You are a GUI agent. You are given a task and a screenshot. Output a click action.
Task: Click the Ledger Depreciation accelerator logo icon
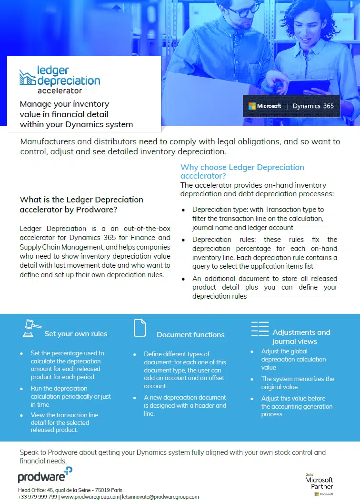(28, 77)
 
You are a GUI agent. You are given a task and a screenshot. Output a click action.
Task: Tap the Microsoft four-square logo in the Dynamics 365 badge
(252, 106)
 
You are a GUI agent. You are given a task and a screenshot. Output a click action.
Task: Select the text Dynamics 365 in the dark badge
(313, 106)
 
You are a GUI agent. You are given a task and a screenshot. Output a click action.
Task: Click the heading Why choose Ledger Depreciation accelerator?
(242, 171)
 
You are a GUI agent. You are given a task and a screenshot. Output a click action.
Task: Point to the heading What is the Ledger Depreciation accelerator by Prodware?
(81, 204)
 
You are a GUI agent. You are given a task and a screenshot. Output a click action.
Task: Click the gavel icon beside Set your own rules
(31, 329)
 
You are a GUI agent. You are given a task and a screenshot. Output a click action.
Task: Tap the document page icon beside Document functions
(140, 329)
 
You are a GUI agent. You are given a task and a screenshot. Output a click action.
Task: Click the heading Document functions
(190, 334)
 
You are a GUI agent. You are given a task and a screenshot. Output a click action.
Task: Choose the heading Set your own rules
(76, 333)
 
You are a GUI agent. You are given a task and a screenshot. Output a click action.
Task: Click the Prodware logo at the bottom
(45, 475)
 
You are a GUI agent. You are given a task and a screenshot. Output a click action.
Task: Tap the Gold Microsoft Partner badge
(319, 483)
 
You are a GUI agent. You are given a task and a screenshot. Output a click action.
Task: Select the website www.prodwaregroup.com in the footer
(90, 497)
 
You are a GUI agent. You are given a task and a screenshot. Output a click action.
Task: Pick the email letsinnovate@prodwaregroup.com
(160, 497)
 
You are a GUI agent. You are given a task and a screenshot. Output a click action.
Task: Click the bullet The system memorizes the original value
(298, 383)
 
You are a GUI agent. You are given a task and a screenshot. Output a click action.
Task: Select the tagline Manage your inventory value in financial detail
(76, 114)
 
